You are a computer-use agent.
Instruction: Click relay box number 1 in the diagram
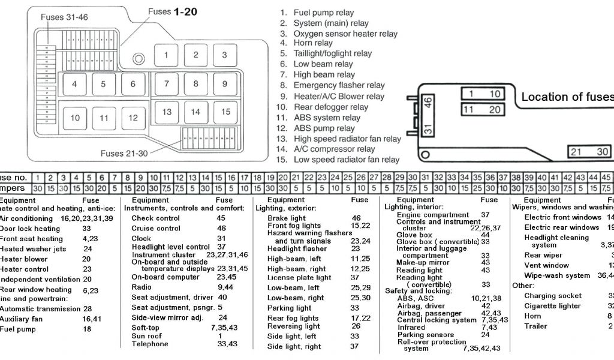click(166, 55)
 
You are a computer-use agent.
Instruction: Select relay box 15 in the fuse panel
click(225, 112)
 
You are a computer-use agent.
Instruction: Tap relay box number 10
click(75, 118)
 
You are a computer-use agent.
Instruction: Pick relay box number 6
click(133, 84)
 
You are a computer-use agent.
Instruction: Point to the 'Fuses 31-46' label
click(64, 17)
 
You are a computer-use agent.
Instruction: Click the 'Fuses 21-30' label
click(124, 153)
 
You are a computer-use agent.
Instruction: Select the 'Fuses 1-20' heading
click(173, 11)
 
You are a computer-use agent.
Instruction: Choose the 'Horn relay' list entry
click(313, 43)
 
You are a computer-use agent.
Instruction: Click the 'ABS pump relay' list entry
click(324, 128)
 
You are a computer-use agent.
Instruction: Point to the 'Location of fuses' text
click(567, 97)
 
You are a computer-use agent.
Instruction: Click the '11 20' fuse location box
click(481, 109)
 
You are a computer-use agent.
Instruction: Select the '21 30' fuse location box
click(590, 152)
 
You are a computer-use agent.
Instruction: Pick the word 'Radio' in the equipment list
click(142, 287)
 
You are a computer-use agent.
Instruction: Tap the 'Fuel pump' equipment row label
click(17, 329)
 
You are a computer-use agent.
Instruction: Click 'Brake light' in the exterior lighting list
click(286, 218)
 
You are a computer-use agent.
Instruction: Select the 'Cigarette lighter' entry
click(552, 306)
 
